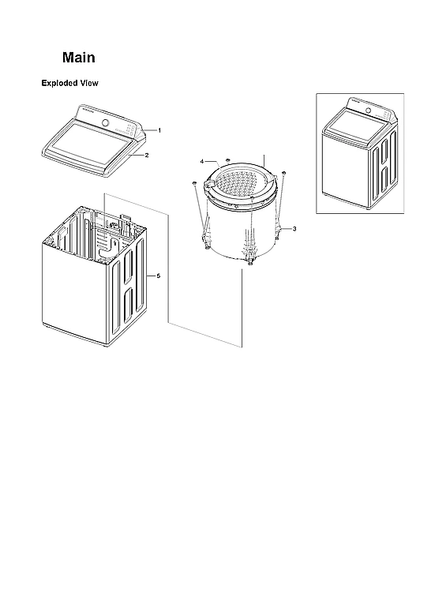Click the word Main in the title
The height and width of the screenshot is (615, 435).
pos(79,58)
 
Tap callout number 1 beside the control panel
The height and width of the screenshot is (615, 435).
pos(159,129)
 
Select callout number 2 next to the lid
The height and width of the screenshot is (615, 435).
pos(146,156)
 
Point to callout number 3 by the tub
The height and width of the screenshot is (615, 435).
pos(294,228)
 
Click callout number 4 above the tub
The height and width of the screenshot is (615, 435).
pos(202,162)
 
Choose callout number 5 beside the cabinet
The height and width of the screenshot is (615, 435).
pos(159,276)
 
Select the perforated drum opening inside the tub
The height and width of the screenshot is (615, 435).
pos(241,187)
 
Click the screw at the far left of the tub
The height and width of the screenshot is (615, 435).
pos(193,183)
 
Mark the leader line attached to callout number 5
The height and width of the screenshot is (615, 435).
pos(150,276)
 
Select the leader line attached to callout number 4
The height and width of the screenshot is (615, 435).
pos(211,163)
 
